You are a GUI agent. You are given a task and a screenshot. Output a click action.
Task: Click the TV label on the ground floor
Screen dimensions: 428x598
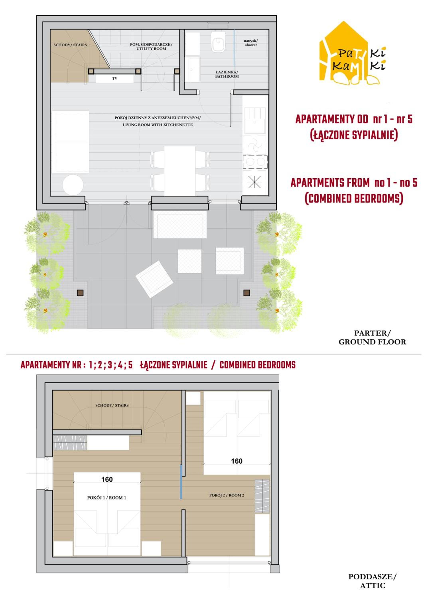pyautogui.click(x=115, y=79)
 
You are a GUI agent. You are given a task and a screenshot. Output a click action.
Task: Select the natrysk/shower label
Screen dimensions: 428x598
pyautogui.click(x=251, y=43)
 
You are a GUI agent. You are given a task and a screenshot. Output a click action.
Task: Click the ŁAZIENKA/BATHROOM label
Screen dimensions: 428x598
pyautogui.click(x=227, y=74)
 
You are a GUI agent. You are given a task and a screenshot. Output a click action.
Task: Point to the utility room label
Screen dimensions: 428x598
pyautogui.click(x=151, y=47)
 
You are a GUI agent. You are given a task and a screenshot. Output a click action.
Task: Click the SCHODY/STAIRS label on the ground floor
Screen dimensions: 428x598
pyautogui.click(x=70, y=45)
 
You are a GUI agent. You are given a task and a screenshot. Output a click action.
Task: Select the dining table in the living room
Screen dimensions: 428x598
pyautogui.click(x=180, y=171)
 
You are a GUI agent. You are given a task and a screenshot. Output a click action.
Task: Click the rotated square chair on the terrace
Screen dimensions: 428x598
pyautogui.click(x=154, y=279)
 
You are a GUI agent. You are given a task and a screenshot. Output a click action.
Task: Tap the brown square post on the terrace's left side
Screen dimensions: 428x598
pyautogui.click(x=80, y=293)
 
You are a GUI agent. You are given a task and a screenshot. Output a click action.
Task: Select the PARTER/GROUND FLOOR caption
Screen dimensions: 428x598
pyautogui.click(x=372, y=337)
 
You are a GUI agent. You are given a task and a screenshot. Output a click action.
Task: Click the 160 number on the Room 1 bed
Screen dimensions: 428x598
pyautogui.click(x=107, y=479)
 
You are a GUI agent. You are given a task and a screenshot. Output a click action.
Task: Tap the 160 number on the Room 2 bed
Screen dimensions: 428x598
pyautogui.click(x=237, y=461)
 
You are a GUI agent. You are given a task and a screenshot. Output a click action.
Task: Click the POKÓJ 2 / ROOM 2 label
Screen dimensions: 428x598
pyautogui.click(x=227, y=496)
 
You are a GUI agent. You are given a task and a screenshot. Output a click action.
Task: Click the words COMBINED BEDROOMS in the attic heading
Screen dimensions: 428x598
pyautogui.click(x=257, y=365)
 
